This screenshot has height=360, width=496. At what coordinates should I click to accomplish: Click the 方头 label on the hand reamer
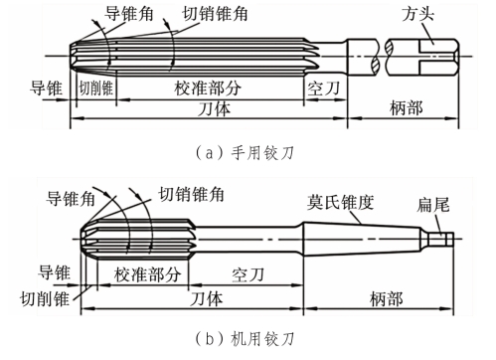coord(418,14)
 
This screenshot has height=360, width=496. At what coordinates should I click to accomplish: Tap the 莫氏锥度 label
coord(340,202)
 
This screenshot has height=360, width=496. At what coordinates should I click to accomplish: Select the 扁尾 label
coord(433,205)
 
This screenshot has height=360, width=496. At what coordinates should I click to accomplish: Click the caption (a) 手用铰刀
coord(245,153)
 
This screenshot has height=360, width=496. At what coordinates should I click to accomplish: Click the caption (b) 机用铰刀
coord(245,339)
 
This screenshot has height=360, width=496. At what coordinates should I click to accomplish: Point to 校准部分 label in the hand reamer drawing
coord(208,89)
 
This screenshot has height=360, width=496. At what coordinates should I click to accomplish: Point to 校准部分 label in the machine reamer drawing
coord(147,274)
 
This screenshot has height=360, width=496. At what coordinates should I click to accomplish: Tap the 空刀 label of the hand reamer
coord(324,89)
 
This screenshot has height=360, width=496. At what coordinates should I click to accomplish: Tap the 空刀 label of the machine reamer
coord(248,274)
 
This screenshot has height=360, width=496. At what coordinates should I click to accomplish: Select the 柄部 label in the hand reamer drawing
coord(407,108)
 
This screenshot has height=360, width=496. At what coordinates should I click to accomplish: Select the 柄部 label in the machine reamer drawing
coord(387,299)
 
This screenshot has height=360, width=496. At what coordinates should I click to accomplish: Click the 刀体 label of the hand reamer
coord(214,108)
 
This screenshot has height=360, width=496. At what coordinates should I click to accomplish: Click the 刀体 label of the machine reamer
coord(206,299)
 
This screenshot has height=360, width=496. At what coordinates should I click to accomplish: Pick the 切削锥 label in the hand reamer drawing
coord(96,89)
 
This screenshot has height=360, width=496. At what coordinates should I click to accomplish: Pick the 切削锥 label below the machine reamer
coord(45,298)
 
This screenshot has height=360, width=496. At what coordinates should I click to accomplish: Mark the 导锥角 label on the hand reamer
coord(129,14)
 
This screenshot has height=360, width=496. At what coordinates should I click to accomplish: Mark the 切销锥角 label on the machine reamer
coord(191,194)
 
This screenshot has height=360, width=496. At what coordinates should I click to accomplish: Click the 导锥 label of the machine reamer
coord(54,272)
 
